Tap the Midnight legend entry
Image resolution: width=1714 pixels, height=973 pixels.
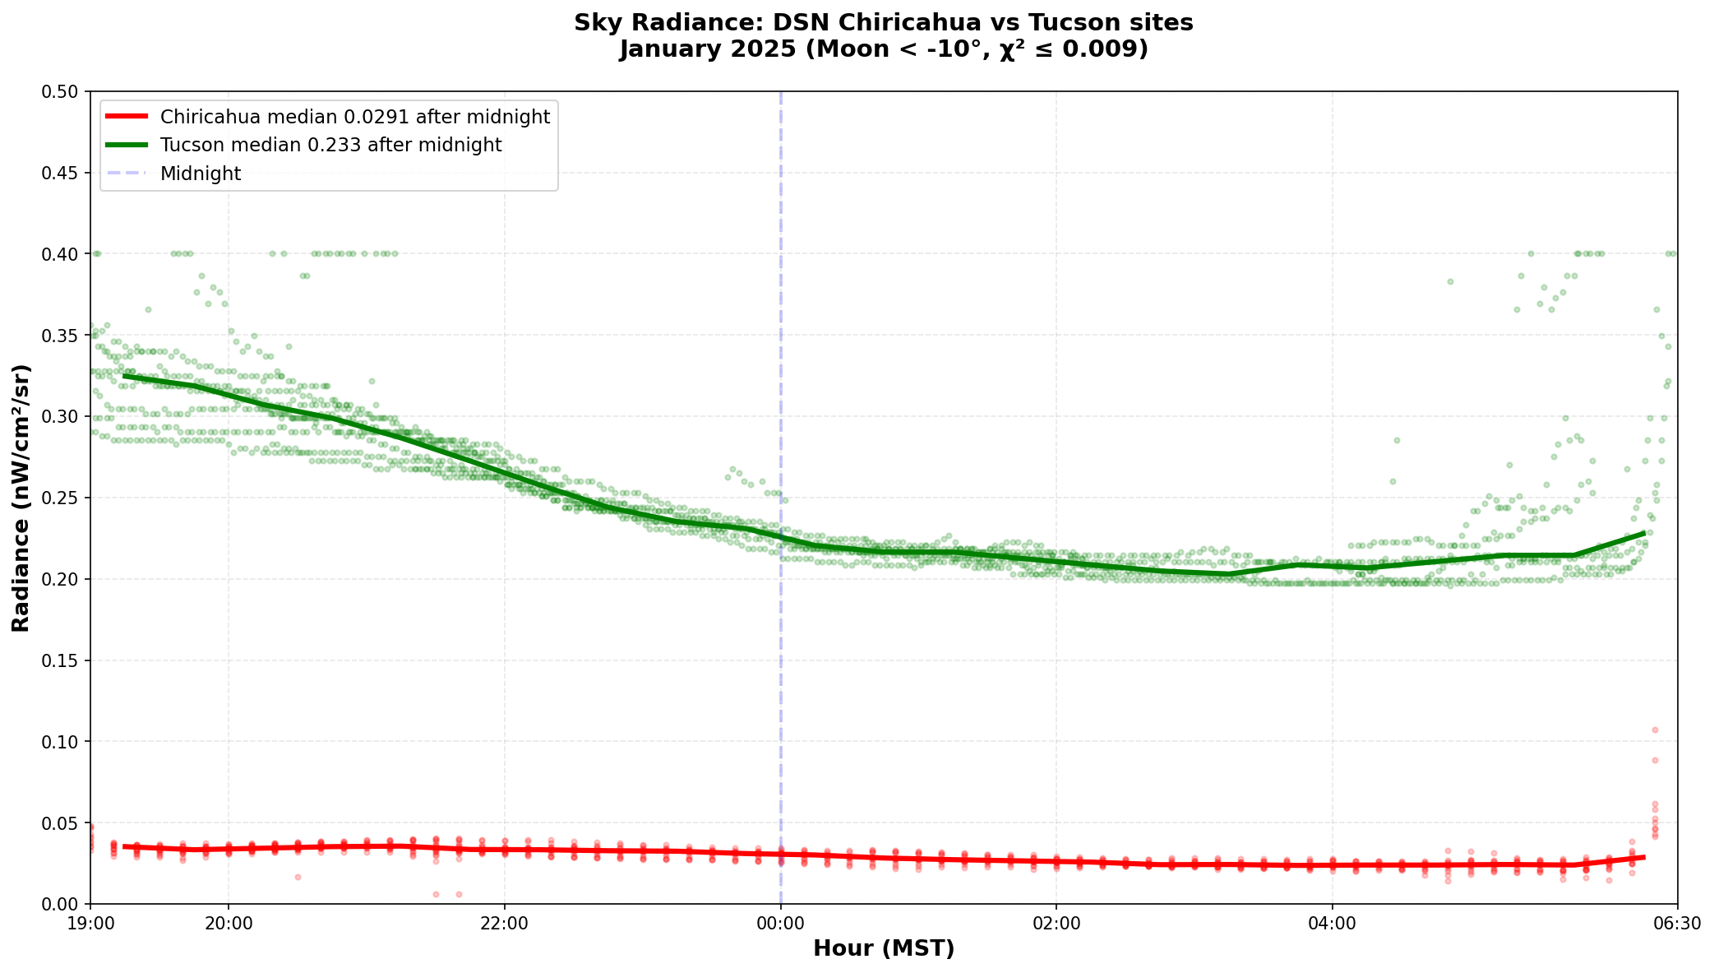(201, 174)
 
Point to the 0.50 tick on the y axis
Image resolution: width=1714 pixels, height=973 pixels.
(65, 92)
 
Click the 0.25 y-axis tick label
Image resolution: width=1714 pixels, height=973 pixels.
(65, 498)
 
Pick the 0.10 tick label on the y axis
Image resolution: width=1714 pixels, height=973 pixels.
(65, 742)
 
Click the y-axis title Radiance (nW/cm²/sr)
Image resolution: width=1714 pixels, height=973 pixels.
(21, 498)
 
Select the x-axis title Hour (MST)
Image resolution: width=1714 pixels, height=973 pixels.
(884, 949)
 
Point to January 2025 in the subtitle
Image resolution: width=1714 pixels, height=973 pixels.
(707, 50)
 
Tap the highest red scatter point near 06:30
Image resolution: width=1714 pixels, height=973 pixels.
(1655, 730)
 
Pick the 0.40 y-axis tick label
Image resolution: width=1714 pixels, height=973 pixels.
(65, 254)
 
